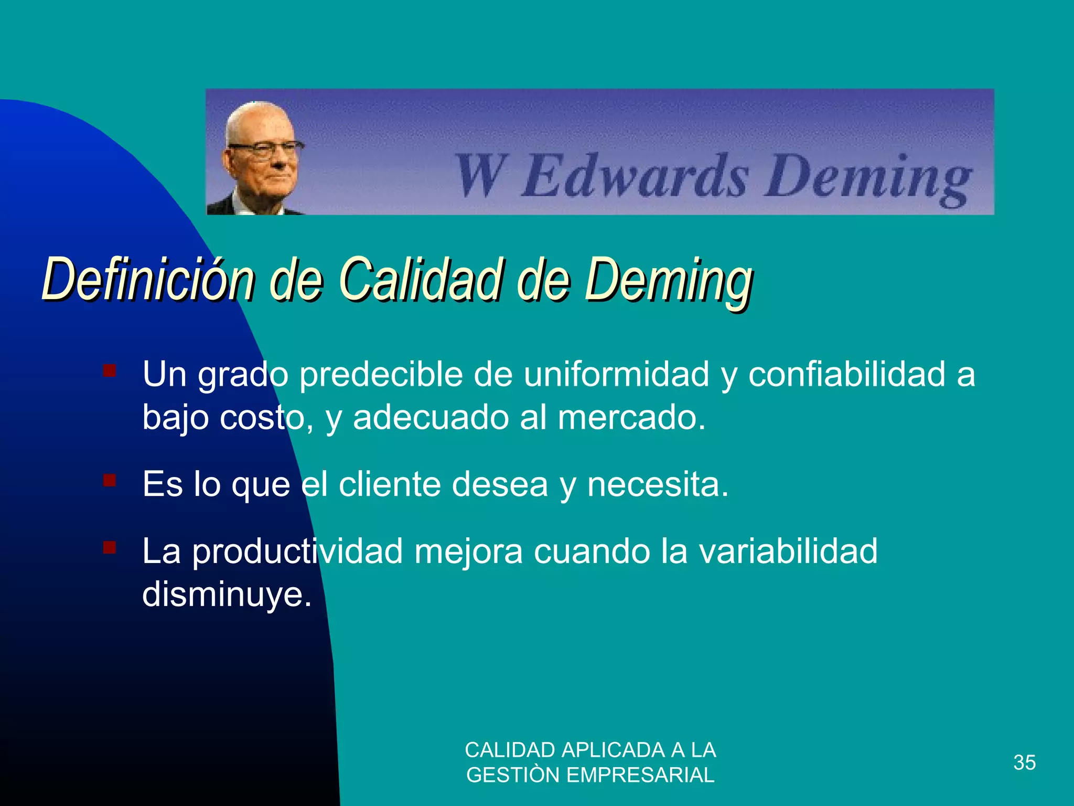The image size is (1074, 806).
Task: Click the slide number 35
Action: [x=1024, y=762]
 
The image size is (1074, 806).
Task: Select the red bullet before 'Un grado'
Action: [x=110, y=371]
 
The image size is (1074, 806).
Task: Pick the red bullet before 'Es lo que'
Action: [x=110, y=480]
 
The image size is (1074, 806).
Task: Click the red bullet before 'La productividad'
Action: [x=110, y=548]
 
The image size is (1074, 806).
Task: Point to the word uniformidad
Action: [x=617, y=375]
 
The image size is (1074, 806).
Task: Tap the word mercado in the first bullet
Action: [x=631, y=418]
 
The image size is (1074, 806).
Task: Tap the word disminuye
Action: [x=227, y=595]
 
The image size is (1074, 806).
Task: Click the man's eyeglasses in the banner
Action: [x=265, y=149]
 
